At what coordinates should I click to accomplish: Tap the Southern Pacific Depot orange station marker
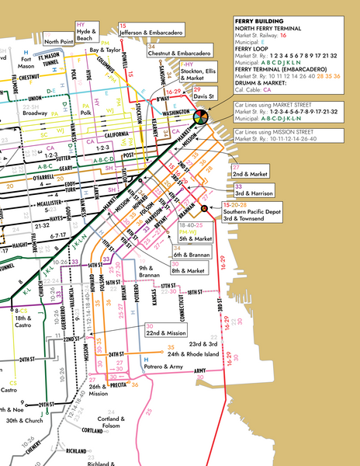tap(204, 209)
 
